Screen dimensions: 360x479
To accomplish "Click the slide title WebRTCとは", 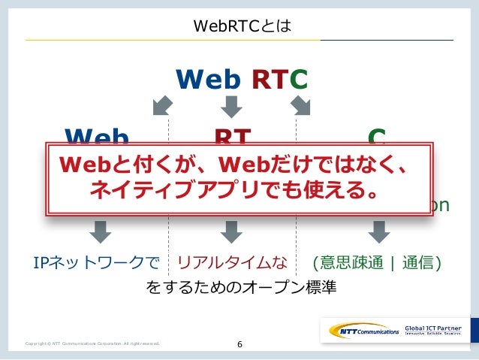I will pyautogui.click(x=239, y=28).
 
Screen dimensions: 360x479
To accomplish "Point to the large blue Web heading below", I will pyautogui.click(x=97, y=136).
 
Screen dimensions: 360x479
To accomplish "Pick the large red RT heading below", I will pyautogui.click(x=233, y=136).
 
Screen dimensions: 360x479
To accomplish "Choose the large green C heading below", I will pyautogui.click(x=377, y=136).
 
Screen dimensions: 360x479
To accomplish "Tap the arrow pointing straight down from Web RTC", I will pyautogui.click(x=232, y=106).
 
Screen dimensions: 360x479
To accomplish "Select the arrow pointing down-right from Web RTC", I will pyautogui.click(x=302, y=106).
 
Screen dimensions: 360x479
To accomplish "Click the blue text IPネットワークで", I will pyautogui.click(x=97, y=263).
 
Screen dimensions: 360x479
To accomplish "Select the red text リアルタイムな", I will pyautogui.click(x=232, y=263).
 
